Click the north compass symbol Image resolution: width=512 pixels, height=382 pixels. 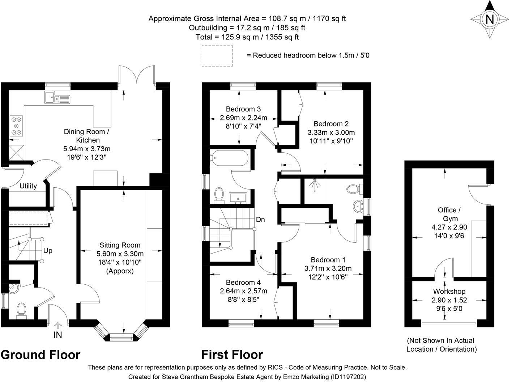tap(489, 19)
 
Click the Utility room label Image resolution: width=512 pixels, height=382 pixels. tap(28, 186)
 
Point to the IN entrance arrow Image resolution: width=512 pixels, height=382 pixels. tap(58, 326)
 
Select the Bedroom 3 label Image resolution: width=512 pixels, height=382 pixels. tap(243, 109)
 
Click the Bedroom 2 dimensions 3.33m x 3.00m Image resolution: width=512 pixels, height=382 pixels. tap(331, 132)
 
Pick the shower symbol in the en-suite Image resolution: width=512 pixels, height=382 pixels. tap(315, 184)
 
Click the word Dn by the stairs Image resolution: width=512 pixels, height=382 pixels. tap(260, 220)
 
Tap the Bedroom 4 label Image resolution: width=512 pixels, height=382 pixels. tap(243, 282)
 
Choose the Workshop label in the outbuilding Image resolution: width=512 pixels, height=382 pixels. tap(449, 291)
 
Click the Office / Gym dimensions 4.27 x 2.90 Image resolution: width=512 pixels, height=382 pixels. tap(449, 227)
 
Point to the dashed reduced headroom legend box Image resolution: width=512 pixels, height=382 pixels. tap(217, 56)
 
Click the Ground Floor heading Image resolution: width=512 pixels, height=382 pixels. tap(40, 355)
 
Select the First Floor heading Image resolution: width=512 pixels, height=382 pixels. tap(232, 355)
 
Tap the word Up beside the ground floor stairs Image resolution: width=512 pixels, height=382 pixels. tap(48, 250)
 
